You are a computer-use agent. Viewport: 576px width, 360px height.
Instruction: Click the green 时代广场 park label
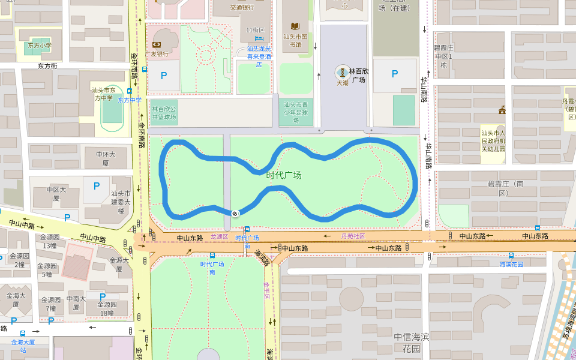(284, 175)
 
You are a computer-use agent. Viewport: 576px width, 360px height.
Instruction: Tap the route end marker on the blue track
(235, 213)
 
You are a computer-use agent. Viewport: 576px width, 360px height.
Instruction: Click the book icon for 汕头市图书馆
(295, 26)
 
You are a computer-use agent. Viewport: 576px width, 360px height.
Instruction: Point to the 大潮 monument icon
(342, 73)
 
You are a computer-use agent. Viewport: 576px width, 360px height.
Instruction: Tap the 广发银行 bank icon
(157, 44)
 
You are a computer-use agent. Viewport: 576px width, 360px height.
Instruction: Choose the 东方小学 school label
(40, 46)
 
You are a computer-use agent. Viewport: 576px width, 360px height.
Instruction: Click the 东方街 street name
(47, 66)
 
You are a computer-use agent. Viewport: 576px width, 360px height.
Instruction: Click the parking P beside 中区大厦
(96, 186)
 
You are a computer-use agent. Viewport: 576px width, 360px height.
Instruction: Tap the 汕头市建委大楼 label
(121, 202)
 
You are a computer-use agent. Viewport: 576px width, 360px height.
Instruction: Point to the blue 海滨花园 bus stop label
(511, 264)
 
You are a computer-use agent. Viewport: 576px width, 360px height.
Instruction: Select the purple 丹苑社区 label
(353, 236)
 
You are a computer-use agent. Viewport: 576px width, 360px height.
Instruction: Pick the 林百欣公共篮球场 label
(164, 113)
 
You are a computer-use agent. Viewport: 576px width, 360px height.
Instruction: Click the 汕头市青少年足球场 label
(296, 112)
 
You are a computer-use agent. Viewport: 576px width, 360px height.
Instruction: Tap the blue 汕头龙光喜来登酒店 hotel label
(259, 56)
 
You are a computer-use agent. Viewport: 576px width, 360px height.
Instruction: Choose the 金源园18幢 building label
(98, 308)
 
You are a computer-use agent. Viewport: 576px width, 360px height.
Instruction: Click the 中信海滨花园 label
(412, 342)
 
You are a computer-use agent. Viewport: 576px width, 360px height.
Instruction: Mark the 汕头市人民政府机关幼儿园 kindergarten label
(493, 141)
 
